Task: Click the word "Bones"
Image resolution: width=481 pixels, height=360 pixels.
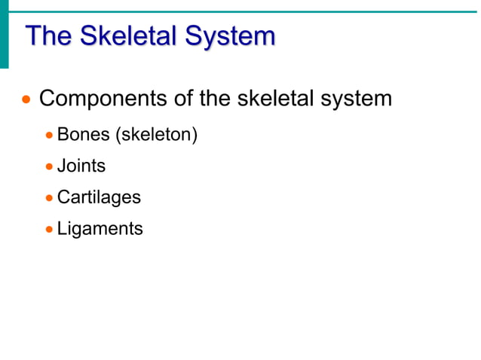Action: pyautogui.click(x=83, y=136)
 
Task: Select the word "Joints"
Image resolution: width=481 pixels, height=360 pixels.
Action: pyautogui.click(x=81, y=166)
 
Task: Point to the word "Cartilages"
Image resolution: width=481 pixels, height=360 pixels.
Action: pyautogui.click(x=99, y=197)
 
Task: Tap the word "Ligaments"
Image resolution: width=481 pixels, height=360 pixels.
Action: pyautogui.click(x=100, y=228)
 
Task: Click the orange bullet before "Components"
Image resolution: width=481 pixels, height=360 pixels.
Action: pyautogui.click(x=27, y=99)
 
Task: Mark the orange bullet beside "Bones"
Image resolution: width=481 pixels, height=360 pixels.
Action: pyautogui.click(x=49, y=136)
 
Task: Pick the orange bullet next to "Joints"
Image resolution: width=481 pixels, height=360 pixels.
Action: pyautogui.click(x=49, y=166)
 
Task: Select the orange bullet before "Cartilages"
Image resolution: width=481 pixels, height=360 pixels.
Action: pyautogui.click(x=49, y=198)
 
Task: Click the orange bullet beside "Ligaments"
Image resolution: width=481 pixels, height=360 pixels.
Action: pyautogui.click(x=49, y=229)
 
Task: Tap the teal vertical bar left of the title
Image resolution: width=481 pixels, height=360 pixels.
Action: pyautogui.click(x=4, y=34)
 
